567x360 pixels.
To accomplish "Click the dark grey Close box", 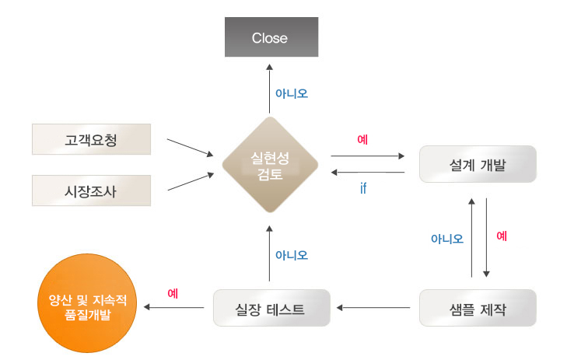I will click(x=270, y=38).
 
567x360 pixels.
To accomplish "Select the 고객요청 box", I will click(x=92, y=139).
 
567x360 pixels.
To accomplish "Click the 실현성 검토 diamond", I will click(x=270, y=164).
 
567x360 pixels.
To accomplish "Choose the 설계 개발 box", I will click(x=478, y=164).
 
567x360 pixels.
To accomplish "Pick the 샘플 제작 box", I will click(x=478, y=308).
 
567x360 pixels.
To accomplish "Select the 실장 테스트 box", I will click(x=271, y=308).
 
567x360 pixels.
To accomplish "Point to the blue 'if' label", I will click(x=363, y=187).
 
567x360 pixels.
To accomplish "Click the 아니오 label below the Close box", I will click(x=292, y=93).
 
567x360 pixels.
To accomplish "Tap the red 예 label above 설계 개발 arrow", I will click(x=362, y=140).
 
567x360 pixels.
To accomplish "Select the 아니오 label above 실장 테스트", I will click(x=292, y=254).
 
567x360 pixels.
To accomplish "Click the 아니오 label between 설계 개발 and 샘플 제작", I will click(x=447, y=239).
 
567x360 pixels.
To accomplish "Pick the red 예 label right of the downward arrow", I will click(x=502, y=236).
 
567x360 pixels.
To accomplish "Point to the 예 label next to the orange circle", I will click(x=173, y=294).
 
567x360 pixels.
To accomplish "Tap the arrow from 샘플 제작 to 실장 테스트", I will click(x=373, y=309).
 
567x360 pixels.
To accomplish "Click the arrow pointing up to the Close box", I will click(x=269, y=89).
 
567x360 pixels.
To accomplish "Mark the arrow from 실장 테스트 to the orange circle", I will click(x=175, y=309).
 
